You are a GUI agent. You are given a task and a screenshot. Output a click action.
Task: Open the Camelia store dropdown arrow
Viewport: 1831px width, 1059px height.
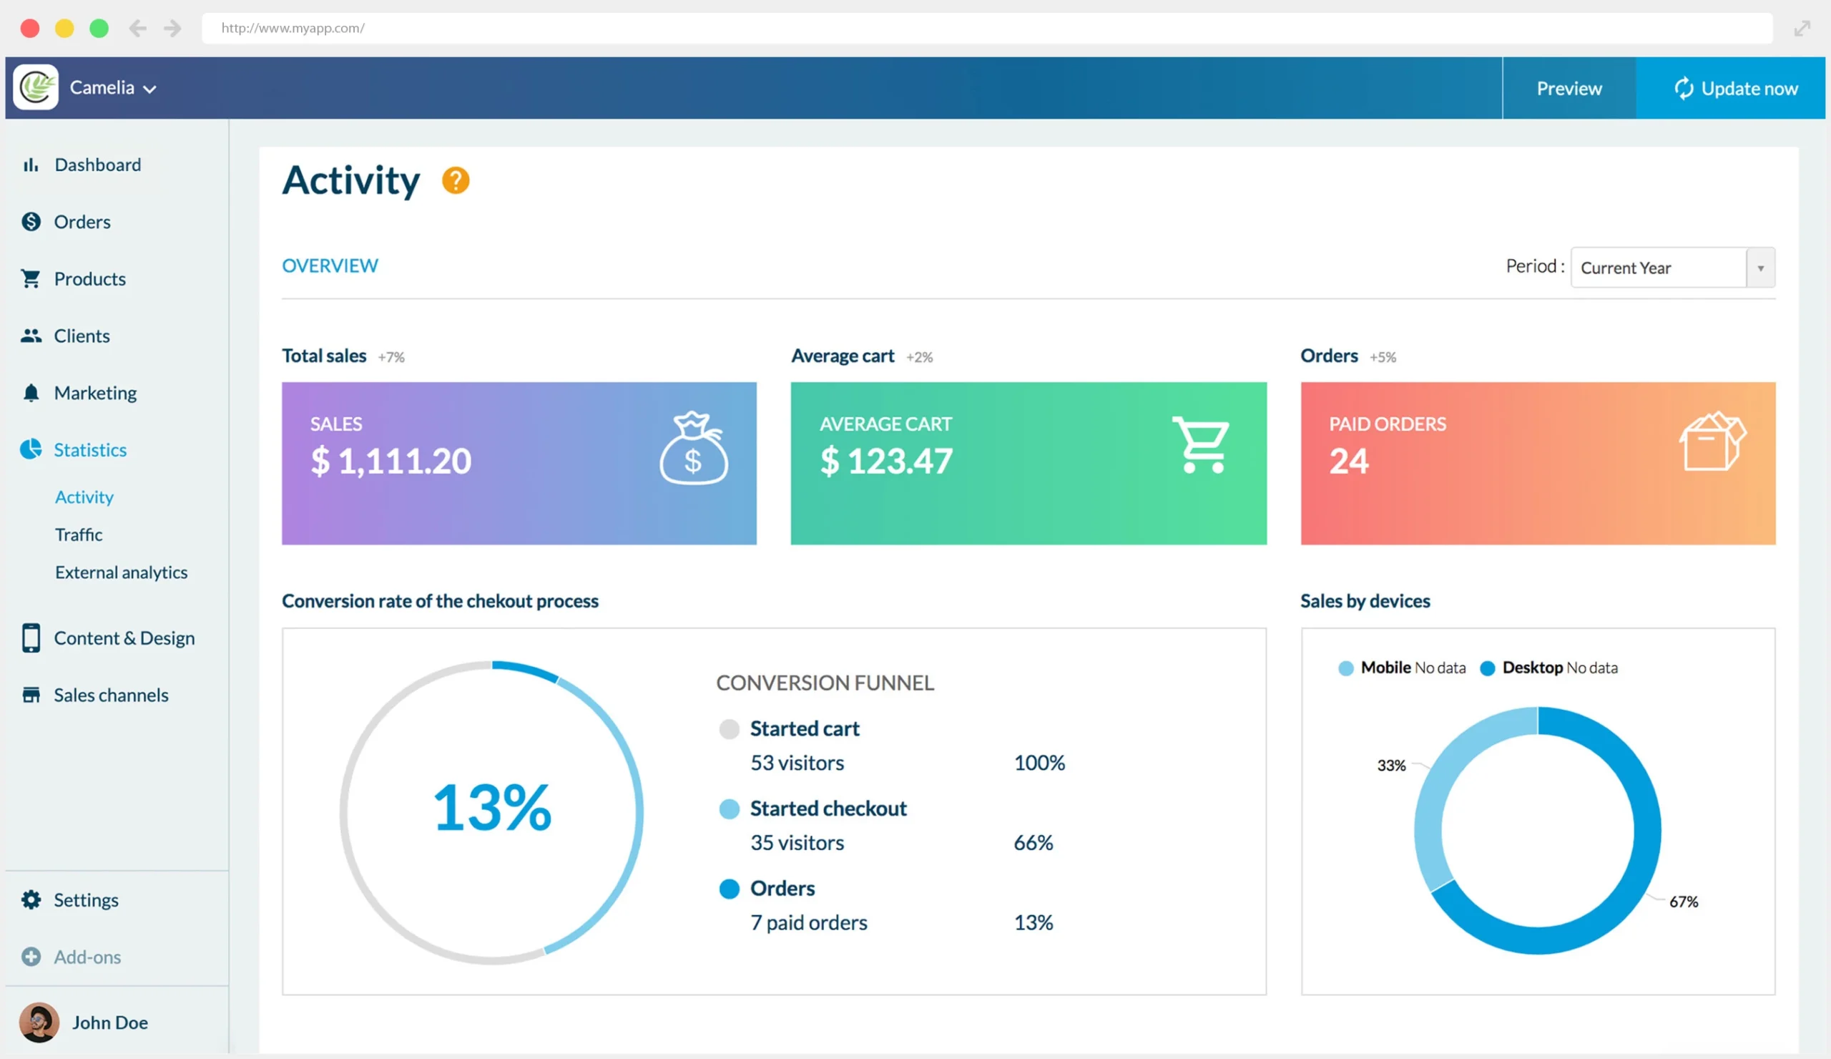pos(149,89)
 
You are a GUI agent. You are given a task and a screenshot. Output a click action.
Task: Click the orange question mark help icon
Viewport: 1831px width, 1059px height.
pos(456,180)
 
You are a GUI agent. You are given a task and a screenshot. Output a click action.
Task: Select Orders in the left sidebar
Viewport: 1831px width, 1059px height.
pos(82,222)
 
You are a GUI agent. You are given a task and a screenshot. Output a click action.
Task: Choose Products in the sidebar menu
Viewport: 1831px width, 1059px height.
pos(89,279)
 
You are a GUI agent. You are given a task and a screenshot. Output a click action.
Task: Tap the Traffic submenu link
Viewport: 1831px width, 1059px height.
pos(79,535)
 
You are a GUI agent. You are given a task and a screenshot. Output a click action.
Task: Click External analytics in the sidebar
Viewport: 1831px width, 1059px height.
pos(121,572)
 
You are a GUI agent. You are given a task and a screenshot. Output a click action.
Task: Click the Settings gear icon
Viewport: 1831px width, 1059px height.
pos(31,900)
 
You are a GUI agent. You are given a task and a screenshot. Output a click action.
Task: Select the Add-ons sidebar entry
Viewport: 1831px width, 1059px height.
pos(87,957)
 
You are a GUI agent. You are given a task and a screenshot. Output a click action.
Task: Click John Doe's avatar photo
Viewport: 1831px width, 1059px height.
pos(39,1023)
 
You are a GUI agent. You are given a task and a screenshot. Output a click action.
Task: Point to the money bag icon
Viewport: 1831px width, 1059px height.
pos(692,449)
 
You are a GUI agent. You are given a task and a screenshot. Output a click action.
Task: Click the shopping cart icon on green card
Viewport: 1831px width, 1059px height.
pos(1199,445)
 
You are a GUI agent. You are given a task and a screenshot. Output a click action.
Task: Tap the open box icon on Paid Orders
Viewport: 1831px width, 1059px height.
pos(1711,442)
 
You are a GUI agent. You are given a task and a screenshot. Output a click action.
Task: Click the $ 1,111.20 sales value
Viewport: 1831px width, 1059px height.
pos(391,461)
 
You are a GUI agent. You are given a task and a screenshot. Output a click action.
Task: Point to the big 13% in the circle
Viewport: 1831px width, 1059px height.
pos(492,809)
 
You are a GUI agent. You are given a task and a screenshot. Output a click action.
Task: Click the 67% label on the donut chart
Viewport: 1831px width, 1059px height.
pos(1683,902)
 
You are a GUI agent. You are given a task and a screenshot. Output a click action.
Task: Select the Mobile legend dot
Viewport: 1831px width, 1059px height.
pos(1345,668)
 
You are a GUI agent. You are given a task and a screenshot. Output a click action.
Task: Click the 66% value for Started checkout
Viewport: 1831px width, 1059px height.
pos(1033,843)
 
